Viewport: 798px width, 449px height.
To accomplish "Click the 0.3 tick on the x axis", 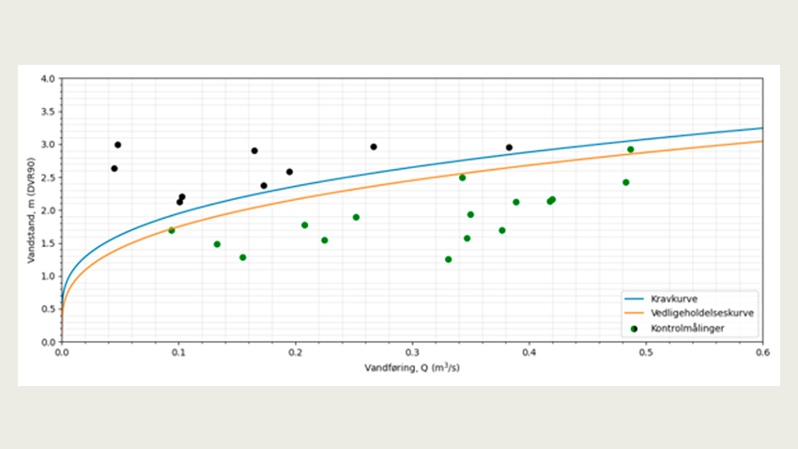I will point(412,353).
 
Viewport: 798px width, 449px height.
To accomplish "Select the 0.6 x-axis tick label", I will point(762,353).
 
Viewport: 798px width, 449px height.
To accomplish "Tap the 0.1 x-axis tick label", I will point(178,353).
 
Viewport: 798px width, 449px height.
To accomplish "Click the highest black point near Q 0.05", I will point(117,145).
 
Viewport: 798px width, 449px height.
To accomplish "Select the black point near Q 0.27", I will point(374,147).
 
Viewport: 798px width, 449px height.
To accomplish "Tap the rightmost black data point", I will point(509,147).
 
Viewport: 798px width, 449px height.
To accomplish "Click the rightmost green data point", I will point(631,149).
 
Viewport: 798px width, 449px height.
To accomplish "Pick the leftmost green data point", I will point(171,230).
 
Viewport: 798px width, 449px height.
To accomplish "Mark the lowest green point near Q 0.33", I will point(448,259).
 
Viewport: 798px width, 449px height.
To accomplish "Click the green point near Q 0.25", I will point(356,217).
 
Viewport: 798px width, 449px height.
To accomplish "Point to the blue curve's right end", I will point(761,129).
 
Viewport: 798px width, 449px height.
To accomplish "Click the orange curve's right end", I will point(761,142).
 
